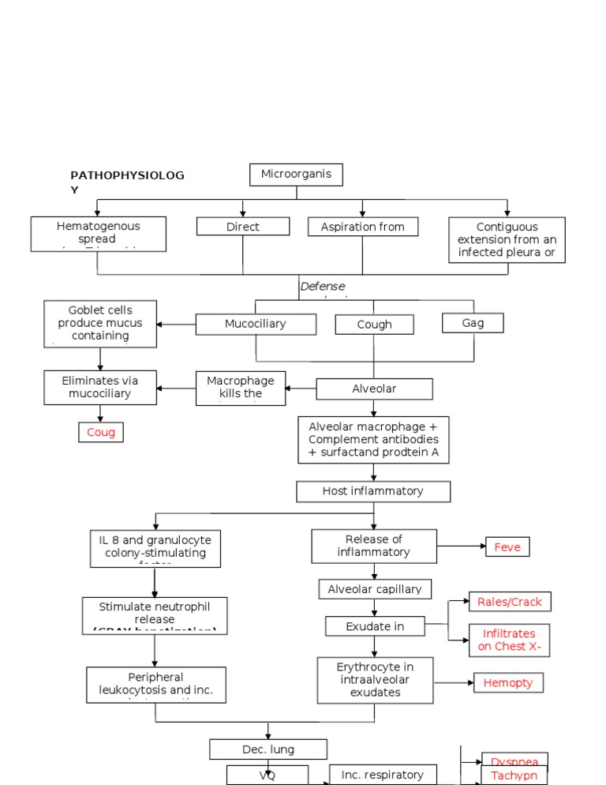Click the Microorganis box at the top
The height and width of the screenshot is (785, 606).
click(296, 175)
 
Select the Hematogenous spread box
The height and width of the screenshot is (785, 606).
click(99, 234)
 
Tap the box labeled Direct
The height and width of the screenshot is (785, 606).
click(243, 227)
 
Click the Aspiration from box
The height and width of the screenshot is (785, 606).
click(363, 227)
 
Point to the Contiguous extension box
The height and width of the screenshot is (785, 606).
click(507, 240)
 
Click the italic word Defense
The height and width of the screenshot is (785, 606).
click(323, 286)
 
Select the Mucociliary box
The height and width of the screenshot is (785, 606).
click(256, 324)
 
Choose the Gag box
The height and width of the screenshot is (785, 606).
click(473, 322)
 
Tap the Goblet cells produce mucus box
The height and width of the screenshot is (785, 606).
click(100, 324)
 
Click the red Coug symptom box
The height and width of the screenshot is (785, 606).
click(101, 432)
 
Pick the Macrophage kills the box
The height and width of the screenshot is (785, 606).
click(241, 388)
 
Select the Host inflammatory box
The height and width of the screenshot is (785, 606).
click(373, 491)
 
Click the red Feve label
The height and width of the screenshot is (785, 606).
click(507, 546)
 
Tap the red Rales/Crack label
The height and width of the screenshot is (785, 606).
click(510, 602)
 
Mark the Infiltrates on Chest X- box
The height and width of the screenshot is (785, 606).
click(510, 640)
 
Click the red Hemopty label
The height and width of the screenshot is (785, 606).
click(508, 682)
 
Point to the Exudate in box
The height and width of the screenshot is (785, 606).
click(375, 626)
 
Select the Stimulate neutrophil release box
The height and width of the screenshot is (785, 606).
click(155, 614)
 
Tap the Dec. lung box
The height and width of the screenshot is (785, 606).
click(268, 749)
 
